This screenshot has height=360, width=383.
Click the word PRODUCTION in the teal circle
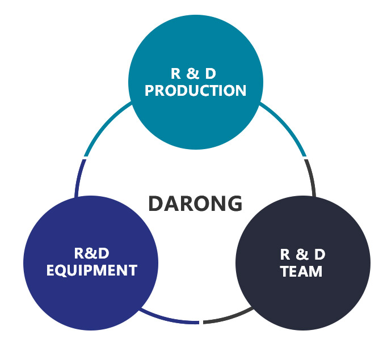tap(195, 91)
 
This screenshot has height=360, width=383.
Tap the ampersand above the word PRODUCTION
tap(193, 74)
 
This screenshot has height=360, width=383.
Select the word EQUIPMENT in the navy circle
tap(92, 270)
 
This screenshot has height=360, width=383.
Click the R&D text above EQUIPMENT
tap(91, 253)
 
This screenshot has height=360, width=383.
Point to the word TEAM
tap(301, 271)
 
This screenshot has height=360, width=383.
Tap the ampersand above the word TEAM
tap(302, 255)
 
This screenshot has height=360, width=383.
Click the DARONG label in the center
tap(195, 204)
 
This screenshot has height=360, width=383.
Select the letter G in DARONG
tap(234, 204)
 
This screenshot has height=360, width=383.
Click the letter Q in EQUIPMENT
tap(65, 271)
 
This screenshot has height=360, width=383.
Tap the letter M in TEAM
tap(315, 271)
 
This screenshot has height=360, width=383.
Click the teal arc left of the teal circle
tap(105, 126)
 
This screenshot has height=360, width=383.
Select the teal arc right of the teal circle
tap(286, 126)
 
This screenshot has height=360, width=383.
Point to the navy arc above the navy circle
tap(79, 177)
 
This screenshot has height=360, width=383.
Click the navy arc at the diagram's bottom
tap(168, 319)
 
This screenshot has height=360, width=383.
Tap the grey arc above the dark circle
tap(311, 177)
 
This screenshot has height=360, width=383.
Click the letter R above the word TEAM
tap(285, 255)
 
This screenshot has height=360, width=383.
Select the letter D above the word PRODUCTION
tap(211, 74)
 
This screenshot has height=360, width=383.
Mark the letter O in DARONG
tap(201, 204)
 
